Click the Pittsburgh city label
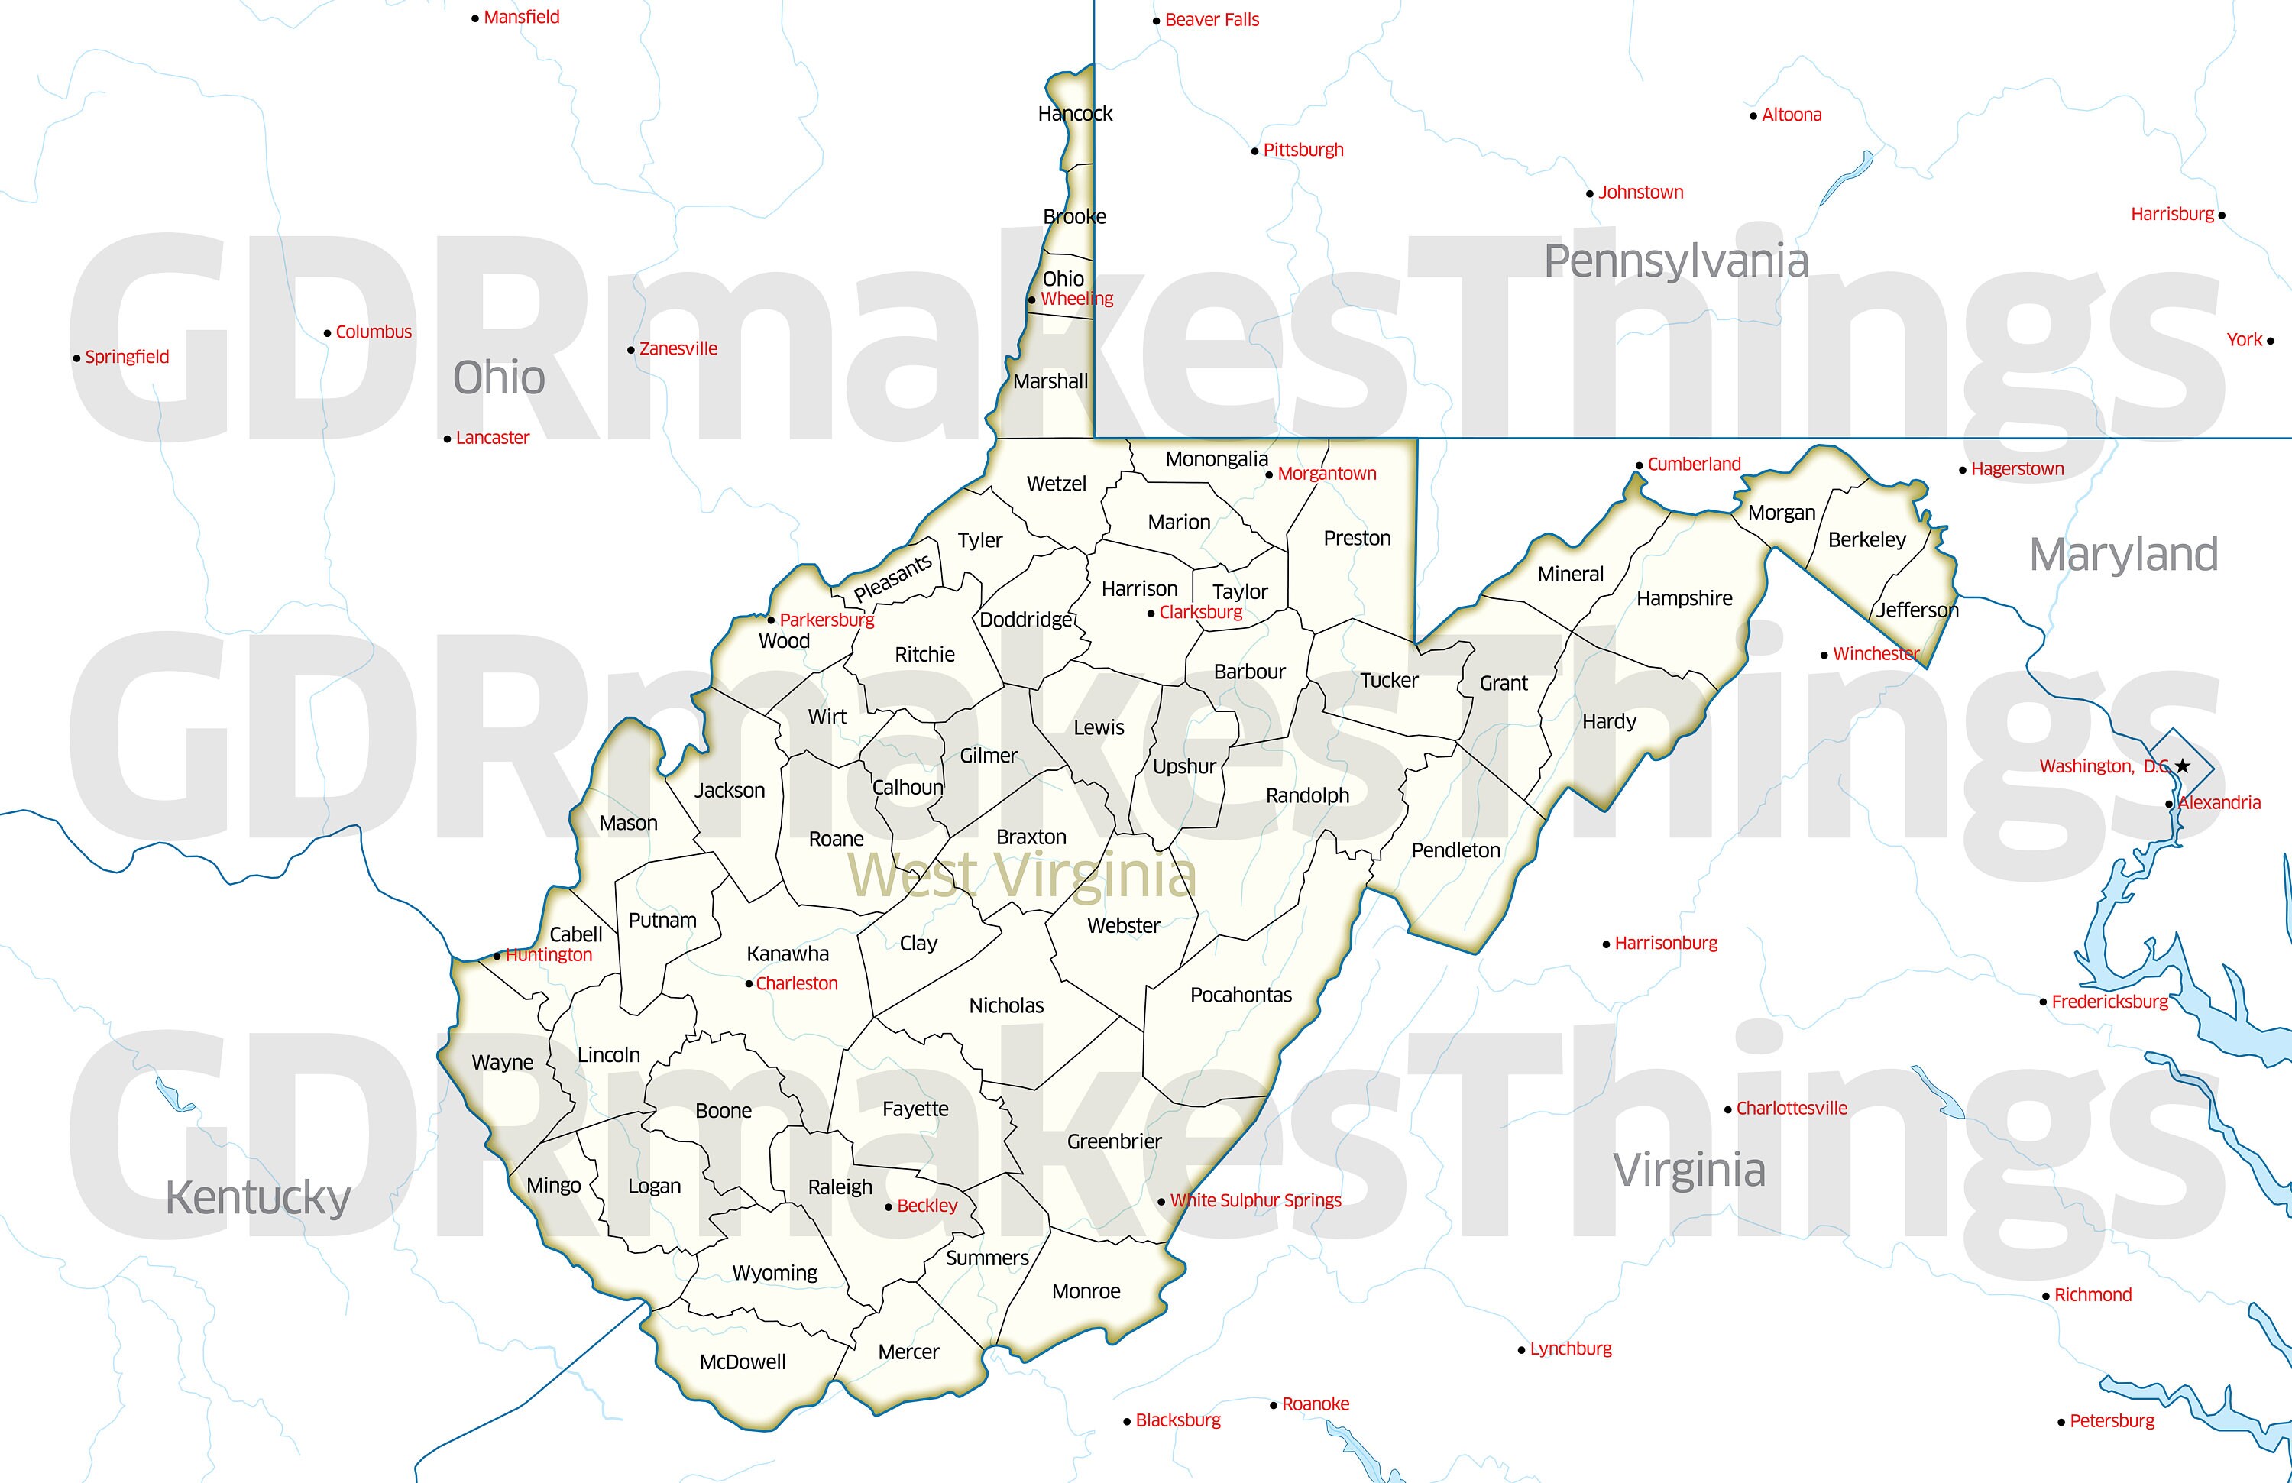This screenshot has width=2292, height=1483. pos(1303,151)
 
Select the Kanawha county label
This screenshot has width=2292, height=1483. pos(787,954)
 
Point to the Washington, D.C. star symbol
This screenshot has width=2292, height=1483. pos(2182,766)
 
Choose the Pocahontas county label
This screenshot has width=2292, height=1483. pos(1241,995)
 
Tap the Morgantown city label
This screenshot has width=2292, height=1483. pos(1327,474)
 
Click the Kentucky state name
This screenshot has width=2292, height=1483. pos(258,1198)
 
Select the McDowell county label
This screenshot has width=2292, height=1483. pos(743,1362)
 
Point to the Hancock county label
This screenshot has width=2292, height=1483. pos(1075,114)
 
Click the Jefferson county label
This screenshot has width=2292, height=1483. pos(1916,610)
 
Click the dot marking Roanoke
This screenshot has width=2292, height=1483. pos(1274,1406)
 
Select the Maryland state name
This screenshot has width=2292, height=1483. pos(2122,555)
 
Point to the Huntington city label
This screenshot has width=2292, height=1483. pos(549,954)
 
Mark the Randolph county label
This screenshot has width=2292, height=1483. pos(1307,795)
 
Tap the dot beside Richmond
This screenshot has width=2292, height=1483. pos(2045,1296)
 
